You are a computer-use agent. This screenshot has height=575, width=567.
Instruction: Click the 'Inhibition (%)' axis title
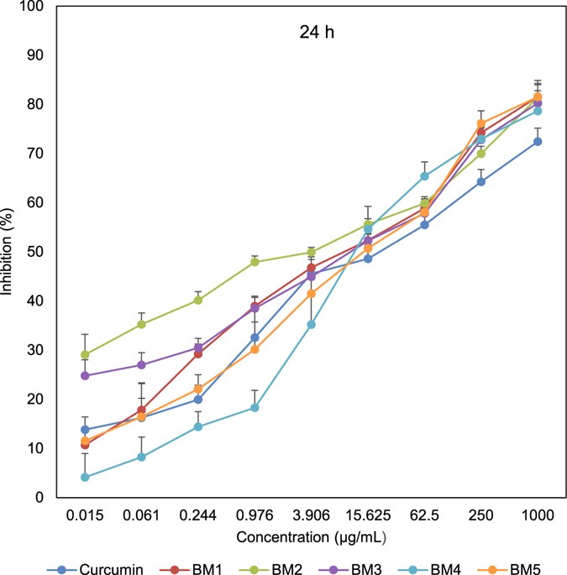pyautogui.click(x=11, y=252)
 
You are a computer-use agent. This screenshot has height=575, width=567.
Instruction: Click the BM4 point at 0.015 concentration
pyautogui.click(x=85, y=477)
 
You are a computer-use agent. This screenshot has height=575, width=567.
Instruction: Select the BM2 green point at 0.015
pyautogui.click(x=85, y=354)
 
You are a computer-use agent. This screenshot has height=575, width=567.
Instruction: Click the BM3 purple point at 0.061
pyautogui.click(x=141, y=364)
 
